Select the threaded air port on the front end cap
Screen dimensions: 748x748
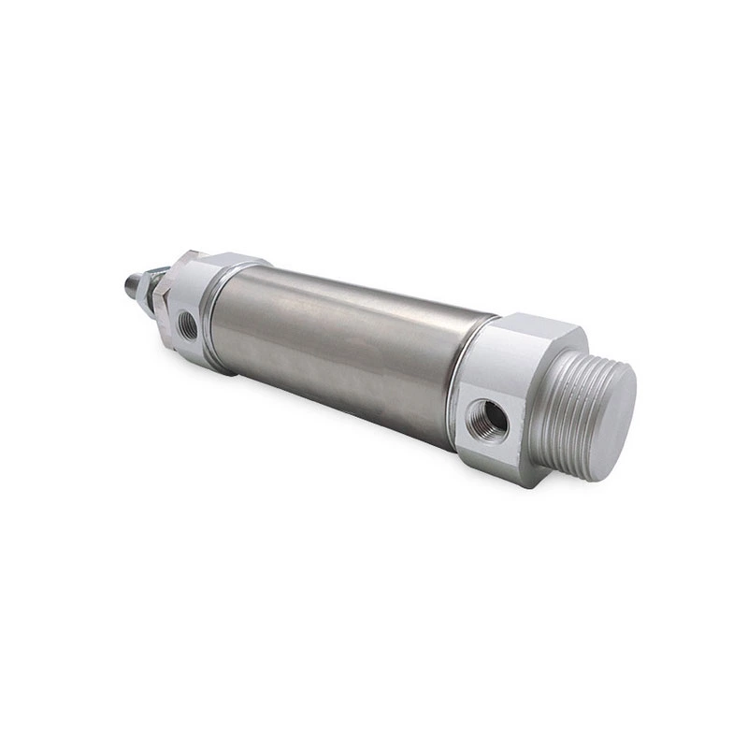click(x=188, y=324)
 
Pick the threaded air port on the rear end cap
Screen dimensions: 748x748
click(x=486, y=421)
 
